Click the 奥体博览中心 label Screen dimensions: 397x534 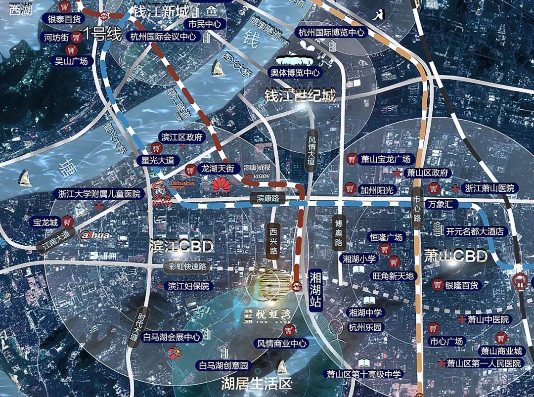click(295, 73)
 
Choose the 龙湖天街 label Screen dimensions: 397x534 click(220, 169)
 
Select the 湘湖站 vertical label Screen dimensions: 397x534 click(315, 291)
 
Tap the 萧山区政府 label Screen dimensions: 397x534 click(427, 173)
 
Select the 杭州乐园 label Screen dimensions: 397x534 click(365, 327)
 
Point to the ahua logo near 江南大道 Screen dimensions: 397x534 click(94, 235)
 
